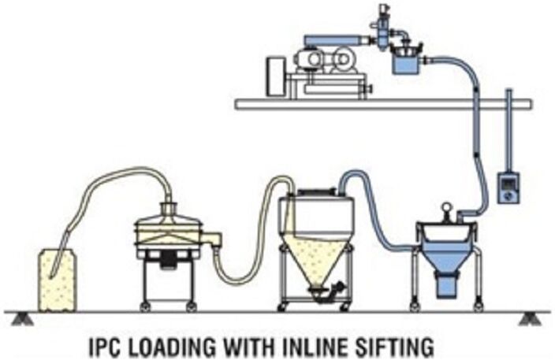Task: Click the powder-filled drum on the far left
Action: coord(58,279)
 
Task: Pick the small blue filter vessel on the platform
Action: coord(406,61)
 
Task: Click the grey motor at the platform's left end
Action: coord(277,76)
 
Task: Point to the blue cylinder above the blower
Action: coord(331,38)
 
